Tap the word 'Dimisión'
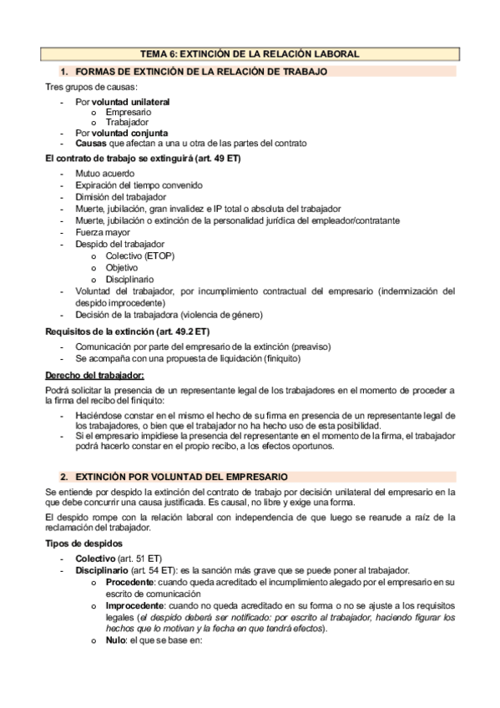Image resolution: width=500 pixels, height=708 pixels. [x=93, y=197]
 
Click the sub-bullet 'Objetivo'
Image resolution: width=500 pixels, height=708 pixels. [x=122, y=267]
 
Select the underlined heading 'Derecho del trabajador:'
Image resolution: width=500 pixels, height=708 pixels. [x=93, y=375]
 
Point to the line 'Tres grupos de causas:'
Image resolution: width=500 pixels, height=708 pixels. [x=92, y=87]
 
